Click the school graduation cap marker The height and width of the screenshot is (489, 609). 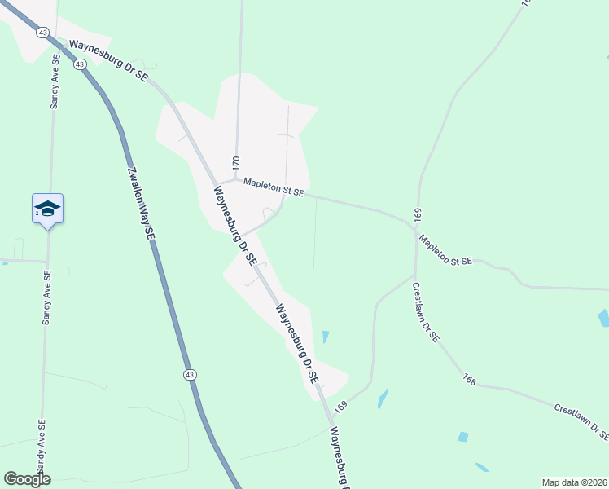47,209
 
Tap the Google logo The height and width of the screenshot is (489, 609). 27,479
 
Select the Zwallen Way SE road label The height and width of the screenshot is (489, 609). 139,203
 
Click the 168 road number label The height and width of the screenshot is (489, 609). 468,380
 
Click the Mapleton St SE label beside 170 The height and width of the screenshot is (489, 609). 269,188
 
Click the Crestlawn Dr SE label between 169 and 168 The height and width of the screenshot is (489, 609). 426,311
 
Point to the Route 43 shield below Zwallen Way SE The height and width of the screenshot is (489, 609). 189,374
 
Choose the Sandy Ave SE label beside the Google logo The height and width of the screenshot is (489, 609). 41,452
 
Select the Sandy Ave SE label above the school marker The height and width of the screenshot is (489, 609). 55,81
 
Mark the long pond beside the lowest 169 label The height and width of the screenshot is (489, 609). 382,399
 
